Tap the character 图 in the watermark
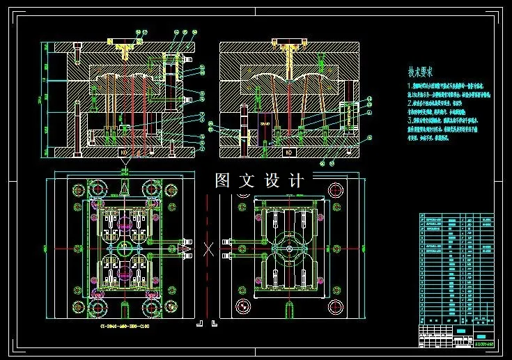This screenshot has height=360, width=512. (x=223, y=180)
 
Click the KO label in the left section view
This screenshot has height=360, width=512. (x=123, y=151)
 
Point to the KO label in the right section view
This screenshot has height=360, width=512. (x=288, y=151)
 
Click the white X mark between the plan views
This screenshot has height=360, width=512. (x=208, y=249)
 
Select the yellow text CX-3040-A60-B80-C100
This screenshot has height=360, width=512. (x=125, y=324)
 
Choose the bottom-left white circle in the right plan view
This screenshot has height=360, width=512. (x=242, y=305)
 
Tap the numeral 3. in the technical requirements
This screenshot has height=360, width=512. (x=410, y=120)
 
